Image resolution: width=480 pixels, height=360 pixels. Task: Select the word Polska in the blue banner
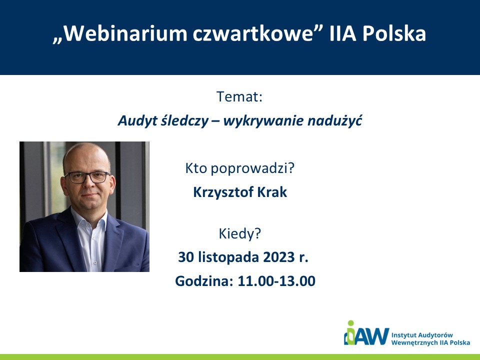coord(394,33)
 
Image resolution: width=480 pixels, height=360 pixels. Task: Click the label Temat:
coord(239,96)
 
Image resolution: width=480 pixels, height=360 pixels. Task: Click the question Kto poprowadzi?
coord(239,168)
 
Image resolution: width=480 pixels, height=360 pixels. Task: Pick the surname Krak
coord(272,192)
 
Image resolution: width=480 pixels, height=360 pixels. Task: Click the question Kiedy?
coord(239,234)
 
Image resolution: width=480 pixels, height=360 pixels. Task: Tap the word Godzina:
coord(204,281)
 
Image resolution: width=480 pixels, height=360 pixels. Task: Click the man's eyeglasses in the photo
coord(87,177)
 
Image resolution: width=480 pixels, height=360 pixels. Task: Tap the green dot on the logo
coord(351,323)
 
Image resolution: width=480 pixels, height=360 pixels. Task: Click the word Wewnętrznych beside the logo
coord(414,342)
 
